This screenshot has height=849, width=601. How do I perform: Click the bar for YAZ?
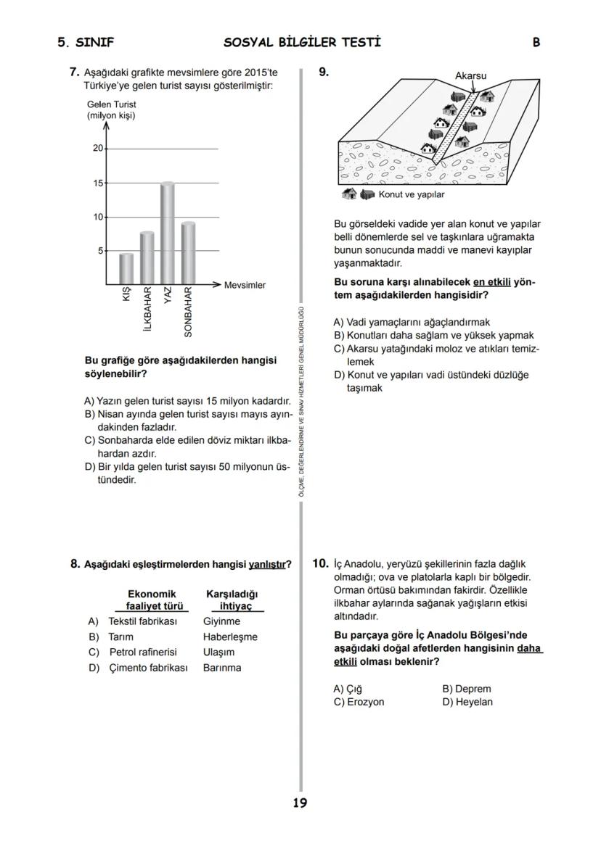pos(167,233)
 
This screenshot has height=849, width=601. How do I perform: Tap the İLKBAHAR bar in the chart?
pos(147,257)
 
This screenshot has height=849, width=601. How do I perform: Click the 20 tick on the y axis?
pos(97,149)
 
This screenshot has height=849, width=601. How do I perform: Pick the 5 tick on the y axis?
pos(100,251)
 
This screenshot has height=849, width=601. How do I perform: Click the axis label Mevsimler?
pos(245,285)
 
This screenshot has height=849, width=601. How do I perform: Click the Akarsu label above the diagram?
pos(470,75)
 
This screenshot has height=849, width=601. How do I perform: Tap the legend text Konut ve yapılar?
pos(412,194)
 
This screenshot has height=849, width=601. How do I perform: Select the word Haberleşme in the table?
pos(230,637)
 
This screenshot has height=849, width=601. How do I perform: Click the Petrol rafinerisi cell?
pos(143,652)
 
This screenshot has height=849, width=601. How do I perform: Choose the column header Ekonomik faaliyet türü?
pos(152,600)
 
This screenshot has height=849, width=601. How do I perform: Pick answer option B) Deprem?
pos(466,689)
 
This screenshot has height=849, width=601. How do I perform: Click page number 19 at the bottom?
pos(300,803)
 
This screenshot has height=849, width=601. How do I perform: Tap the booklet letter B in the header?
pos(536,42)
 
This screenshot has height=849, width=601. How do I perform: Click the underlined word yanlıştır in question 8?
pos(266,564)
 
